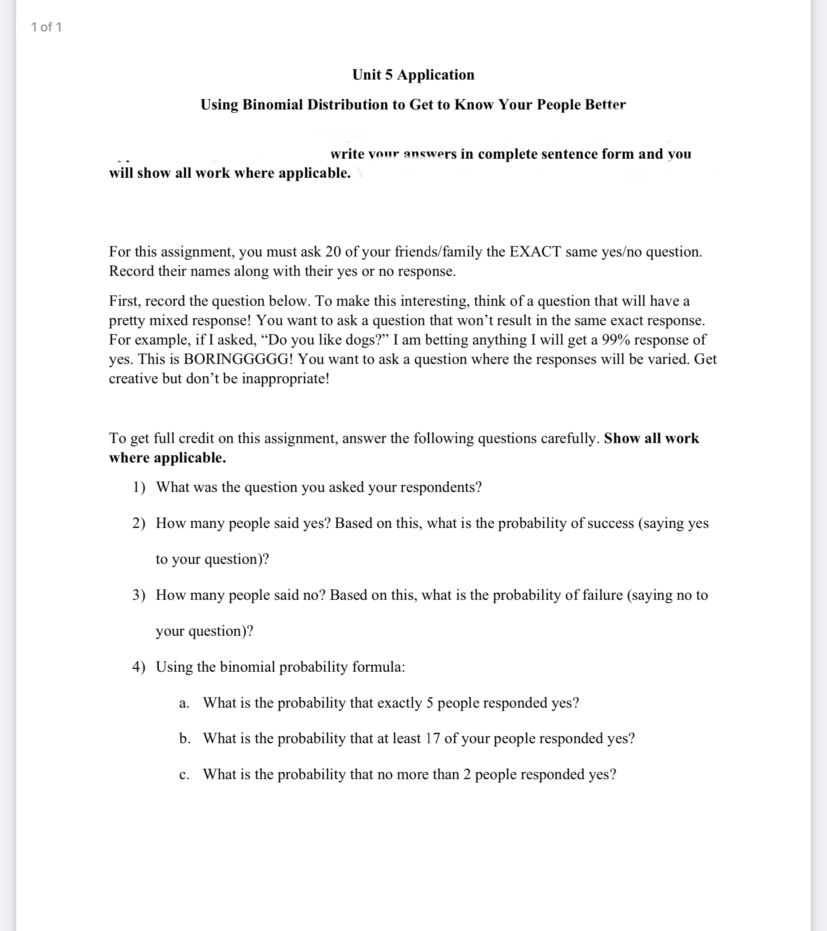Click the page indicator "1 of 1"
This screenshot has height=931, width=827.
(46, 27)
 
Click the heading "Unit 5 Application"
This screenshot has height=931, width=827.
(413, 75)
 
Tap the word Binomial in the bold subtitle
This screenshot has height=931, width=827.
(272, 105)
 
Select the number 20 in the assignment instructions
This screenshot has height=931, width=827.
(333, 252)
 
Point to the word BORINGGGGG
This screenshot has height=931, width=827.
(238, 359)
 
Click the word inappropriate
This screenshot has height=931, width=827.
(285, 379)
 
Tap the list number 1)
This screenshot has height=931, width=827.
(139, 488)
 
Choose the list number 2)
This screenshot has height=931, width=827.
(139, 523)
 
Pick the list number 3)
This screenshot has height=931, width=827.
(139, 595)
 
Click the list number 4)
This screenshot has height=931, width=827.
(139, 667)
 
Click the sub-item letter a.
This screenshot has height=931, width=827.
(184, 703)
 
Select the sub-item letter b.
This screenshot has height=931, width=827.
(185, 738)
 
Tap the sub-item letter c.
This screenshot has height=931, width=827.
(184, 775)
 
